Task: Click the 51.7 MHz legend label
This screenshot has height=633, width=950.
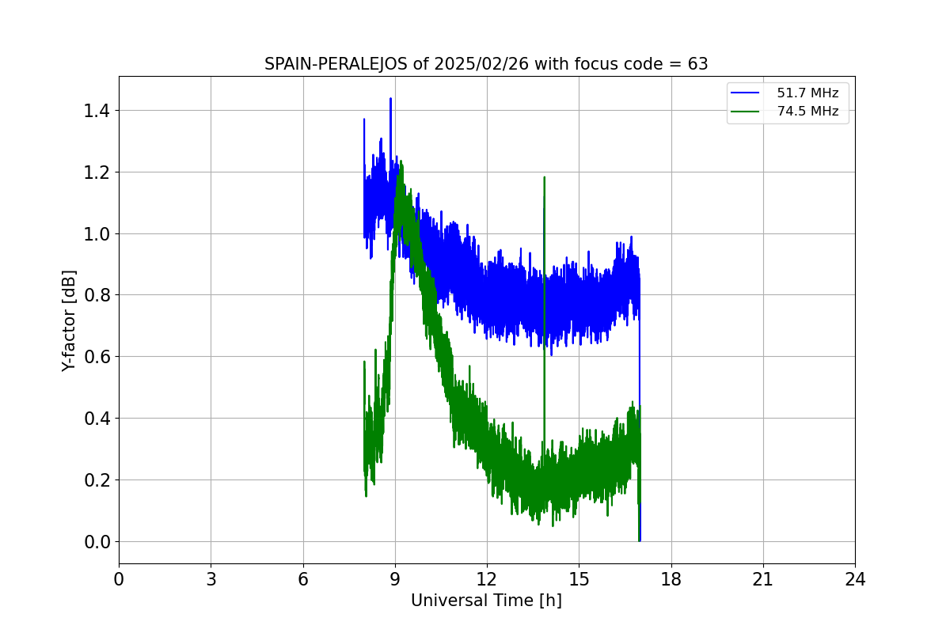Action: (807, 93)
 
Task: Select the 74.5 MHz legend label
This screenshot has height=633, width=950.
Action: (807, 112)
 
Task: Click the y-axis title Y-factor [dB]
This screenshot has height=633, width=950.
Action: (70, 320)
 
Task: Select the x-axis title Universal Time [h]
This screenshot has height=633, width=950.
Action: (486, 601)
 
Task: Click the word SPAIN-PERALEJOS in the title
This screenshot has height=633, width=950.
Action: (336, 64)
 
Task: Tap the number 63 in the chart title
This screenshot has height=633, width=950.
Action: (697, 64)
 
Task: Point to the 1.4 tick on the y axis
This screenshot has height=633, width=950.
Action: (97, 111)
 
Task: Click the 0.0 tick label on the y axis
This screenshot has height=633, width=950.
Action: (97, 542)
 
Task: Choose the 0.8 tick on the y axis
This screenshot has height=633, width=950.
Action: (97, 295)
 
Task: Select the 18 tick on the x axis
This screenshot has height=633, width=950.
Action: (671, 579)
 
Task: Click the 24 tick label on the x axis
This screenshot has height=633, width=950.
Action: (855, 579)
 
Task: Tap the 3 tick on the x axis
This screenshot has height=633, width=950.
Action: (211, 579)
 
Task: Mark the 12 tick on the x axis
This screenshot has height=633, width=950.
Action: (487, 579)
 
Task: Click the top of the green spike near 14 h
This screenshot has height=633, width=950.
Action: (545, 177)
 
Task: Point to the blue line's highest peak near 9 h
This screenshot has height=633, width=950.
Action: (390, 99)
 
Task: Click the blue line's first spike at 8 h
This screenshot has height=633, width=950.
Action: (364, 119)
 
